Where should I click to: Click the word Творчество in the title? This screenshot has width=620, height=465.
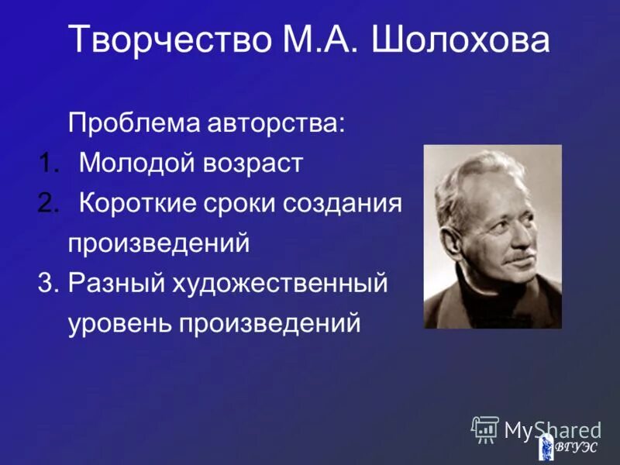point(165,40)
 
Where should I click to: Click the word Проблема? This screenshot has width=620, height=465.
point(136,123)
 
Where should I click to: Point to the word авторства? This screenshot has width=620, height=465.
point(278,123)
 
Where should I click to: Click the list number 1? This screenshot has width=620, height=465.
point(47,164)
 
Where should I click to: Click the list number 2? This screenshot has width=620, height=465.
point(47,204)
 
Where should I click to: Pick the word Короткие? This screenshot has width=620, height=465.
point(144,204)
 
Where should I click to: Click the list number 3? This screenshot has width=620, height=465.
point(47,284)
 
